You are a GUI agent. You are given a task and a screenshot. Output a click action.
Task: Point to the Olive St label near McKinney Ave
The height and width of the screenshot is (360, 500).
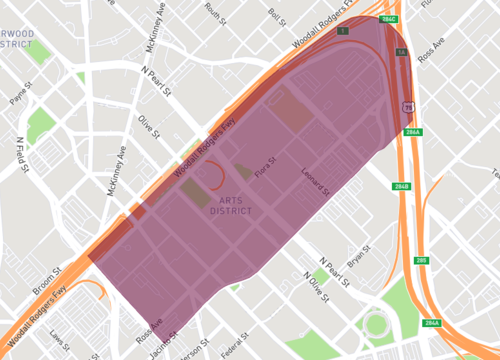coord(149,127)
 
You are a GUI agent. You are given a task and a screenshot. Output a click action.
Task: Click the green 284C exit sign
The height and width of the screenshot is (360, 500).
coord(389,20)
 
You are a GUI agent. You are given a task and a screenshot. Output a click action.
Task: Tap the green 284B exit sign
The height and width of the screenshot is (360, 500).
coord(401,187)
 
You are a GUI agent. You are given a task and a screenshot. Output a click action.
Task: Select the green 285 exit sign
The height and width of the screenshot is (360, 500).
coord(421,260)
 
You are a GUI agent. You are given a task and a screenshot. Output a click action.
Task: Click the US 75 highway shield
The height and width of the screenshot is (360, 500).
coord(407,106)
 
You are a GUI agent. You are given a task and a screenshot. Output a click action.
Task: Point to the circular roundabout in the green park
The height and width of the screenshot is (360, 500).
coord(376,324)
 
